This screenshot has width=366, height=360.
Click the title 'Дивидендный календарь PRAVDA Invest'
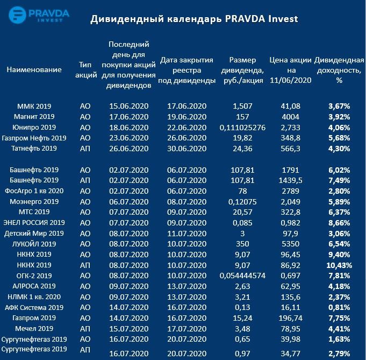(x=194, y=19)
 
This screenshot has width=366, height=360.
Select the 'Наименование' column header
(x=34, y=69)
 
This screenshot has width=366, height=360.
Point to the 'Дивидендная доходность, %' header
(x=339, y=69)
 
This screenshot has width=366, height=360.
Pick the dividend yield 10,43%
(x=339, y=265)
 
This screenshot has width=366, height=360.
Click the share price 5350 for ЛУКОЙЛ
(x=291, y=244)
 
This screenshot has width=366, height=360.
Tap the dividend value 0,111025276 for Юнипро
(x=243, y=128)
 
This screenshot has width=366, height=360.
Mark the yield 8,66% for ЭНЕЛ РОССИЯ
(x=339, y=223)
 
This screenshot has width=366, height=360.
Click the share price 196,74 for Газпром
(x=291, y=318)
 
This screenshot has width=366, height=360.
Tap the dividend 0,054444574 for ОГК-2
(x=243, y=276)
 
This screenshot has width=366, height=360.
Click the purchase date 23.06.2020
(x=128, y=138)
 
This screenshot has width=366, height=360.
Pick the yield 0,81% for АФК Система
(x=339, y=307)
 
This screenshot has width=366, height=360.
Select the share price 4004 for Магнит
(x=291, y=116)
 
